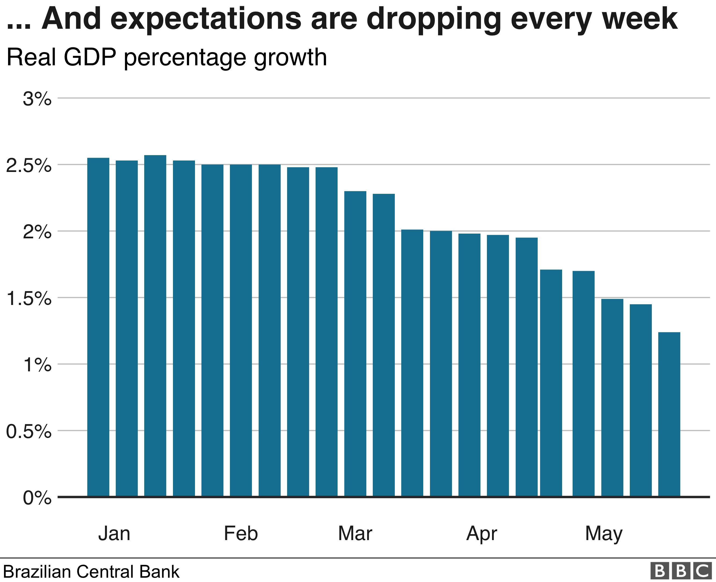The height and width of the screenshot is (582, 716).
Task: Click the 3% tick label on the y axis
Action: click(x=37, y=99)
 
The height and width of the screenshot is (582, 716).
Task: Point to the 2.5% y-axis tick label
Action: click(x=29, y=166)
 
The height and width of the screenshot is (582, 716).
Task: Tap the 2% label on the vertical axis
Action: click(x=37, y=232)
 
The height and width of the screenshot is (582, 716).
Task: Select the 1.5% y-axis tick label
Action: click(x=29, y=298)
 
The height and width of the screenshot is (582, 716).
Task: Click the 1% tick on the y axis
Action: click(x=37, y=365)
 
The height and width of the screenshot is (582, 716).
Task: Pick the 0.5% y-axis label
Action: click(x=29, y=432)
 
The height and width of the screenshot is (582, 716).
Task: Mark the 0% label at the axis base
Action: click(x=37, y=498)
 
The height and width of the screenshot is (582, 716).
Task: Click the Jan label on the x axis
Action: click(x=114, y=534)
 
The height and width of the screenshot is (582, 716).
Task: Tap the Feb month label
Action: click(x=241, y=534)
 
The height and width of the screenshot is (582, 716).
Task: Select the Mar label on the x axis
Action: click(x=355, y=534)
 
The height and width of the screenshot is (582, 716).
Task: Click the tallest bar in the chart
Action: click(x=155, y=326)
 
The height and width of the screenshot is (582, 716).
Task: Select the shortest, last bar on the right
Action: click(x=669, y=414)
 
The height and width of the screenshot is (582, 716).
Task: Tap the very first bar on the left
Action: click(x=98, y=327)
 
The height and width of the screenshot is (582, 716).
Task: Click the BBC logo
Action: click(x=681, y=571)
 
